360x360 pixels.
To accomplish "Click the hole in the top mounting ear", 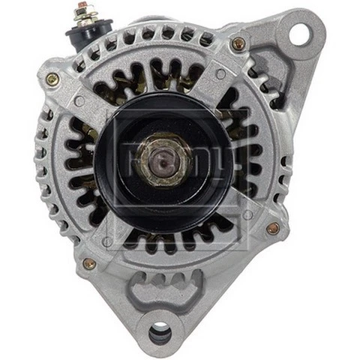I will coord(299,32).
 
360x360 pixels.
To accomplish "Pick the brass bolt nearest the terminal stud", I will coord(52,79).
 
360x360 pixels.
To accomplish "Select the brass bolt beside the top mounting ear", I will coord(238,43).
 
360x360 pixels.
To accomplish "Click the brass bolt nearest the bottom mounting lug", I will coord(89,264).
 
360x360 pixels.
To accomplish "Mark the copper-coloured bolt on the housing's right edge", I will coord(273,228).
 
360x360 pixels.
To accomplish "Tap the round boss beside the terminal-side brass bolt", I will coord(78,101).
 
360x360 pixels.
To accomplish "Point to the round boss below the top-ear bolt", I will coord(220,73).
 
